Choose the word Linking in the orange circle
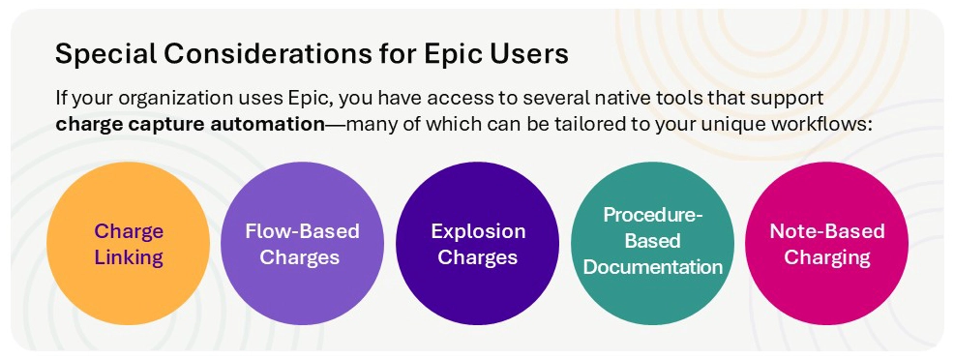pos(129,257)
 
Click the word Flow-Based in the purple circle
pos(302,231)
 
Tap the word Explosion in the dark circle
pos(478,231)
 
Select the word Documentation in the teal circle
pos(653,266)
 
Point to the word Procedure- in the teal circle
pos(653,215)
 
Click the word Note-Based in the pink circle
pos(827,231)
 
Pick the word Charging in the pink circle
pos(827,257)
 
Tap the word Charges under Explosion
pos(478,257)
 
